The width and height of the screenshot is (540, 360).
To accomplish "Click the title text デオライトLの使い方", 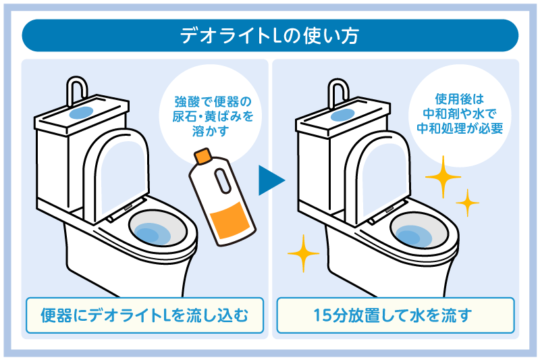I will (x=269, y=35).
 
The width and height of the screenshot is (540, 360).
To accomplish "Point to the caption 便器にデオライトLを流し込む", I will (x=144, y=315).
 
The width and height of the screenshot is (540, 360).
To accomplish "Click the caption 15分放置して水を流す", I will (x=396, y=315).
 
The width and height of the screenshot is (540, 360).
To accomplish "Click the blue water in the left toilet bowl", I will (x=153, y=234).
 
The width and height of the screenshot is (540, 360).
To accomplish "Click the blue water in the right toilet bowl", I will (x=414, y=234).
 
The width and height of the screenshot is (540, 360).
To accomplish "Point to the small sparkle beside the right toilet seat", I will (x=467, y=202).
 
